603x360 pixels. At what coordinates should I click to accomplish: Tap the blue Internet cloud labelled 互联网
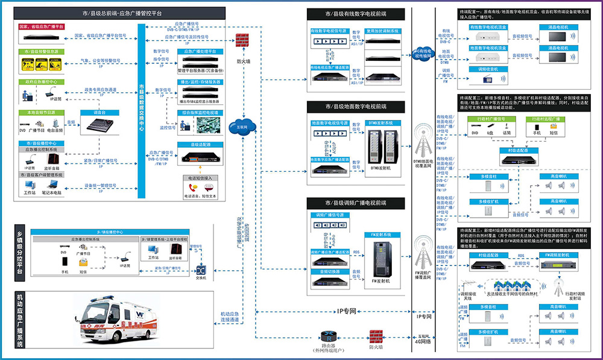click(242, 127)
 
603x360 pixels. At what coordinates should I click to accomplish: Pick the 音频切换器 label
click(329, 271)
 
